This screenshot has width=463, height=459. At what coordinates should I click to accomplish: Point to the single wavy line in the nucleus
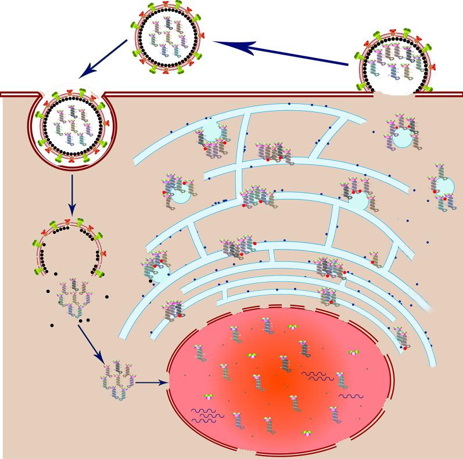point(351,396)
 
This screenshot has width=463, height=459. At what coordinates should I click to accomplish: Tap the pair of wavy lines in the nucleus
point(316,376)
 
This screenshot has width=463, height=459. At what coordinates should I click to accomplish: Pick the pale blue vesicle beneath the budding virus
point(401,139)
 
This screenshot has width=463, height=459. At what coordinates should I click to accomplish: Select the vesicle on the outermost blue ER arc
point(211,131)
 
